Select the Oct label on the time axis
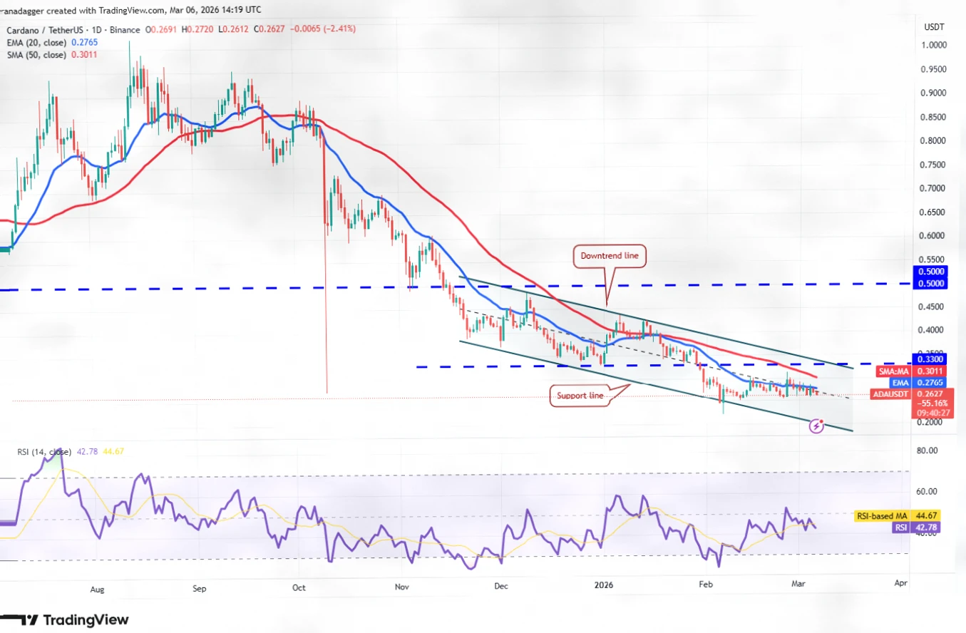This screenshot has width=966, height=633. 299,589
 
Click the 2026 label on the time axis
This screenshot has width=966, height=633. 603,586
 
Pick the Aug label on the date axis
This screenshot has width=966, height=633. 98,590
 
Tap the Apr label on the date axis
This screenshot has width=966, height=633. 900,583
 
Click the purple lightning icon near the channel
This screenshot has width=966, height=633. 817,426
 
